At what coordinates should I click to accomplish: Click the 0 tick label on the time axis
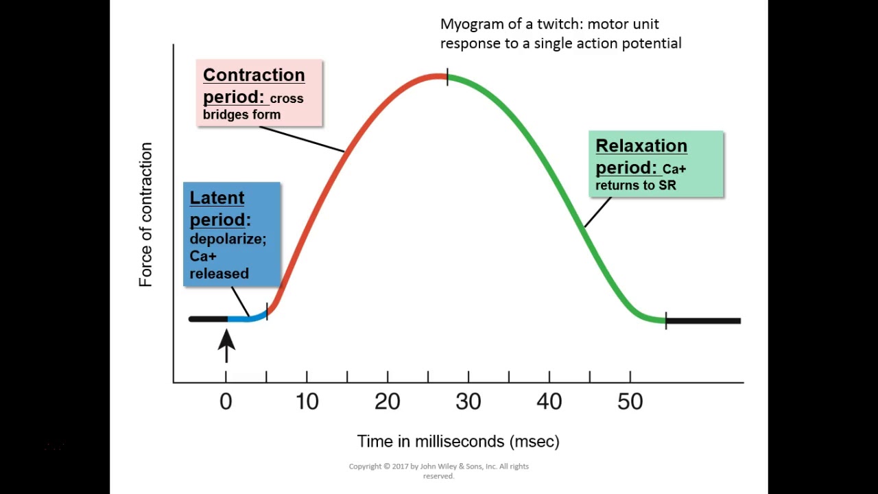coord(226,402)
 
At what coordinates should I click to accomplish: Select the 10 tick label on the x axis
coord(307,402)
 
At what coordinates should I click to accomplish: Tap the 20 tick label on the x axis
coord(388,402)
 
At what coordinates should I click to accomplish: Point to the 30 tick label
coord(468,402)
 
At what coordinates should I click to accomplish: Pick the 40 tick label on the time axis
coord(549,402)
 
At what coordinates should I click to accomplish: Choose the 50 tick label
coord(630,402)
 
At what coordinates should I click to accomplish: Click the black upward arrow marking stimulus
coord(226,345)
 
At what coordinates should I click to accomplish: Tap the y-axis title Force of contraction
coord(145,215)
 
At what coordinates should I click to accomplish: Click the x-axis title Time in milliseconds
coord(458,441)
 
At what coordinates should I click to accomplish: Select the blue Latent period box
coord(232,233)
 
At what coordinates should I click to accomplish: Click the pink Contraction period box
coord(259,93)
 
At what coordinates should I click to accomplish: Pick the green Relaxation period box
coord(656,164)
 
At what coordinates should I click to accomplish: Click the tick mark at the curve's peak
coord(447,77)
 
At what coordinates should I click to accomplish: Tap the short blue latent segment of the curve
coord(247,318)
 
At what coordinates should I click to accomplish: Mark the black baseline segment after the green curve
coord(703,320)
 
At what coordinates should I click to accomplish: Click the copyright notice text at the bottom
coord(439,471)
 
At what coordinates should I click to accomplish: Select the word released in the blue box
coord(219,274)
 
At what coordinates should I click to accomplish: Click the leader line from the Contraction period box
coord(302,139)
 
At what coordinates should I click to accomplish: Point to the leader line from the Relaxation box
coord(597,212)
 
